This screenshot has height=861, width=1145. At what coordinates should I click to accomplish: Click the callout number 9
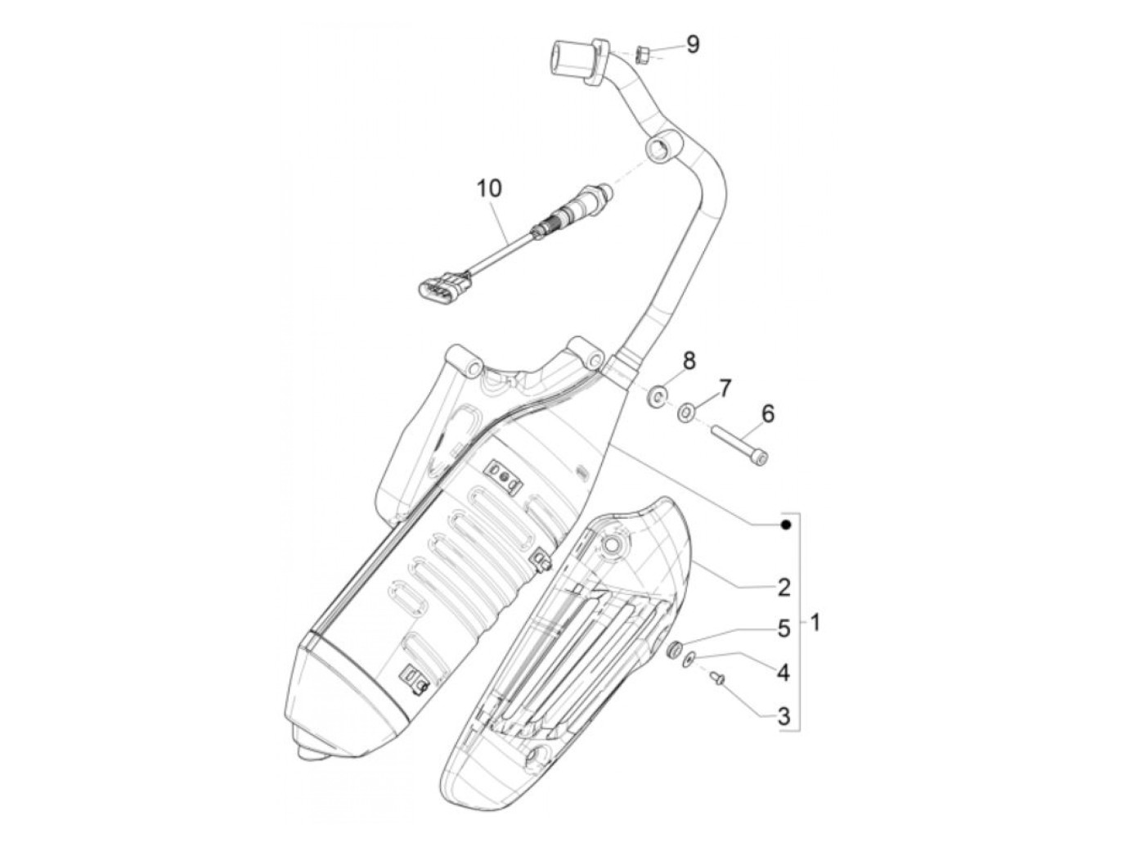(x=693, y=44)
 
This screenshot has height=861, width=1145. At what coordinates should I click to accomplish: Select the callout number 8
(x=689, y=358)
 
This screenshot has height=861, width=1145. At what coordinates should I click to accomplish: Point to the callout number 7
(x=725, y=385)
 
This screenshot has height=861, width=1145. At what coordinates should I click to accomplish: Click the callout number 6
(x=768, y=414)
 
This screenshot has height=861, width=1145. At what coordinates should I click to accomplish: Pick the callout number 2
(x=784, y=586)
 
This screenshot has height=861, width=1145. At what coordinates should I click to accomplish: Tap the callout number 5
(x=784, y=629)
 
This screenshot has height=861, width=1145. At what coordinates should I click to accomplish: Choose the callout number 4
(x=784, y=673)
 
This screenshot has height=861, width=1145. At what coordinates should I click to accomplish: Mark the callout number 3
(x=784, y=717)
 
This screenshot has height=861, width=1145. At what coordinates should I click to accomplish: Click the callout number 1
(x=815, y=623)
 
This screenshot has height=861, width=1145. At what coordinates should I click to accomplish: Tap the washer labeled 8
(x=656, y=398)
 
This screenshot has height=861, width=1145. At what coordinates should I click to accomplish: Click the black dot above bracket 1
(x=786, y=525)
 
